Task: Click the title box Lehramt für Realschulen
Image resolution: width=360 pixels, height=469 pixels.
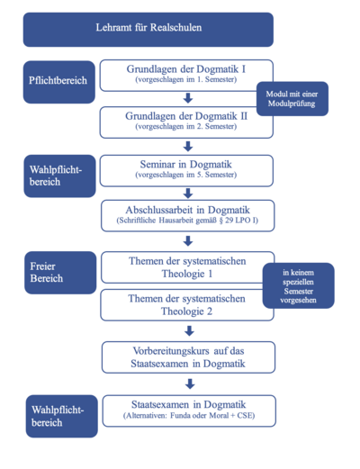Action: [x=148, y=30]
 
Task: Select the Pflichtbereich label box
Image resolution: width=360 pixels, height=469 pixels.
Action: [x=59, y=82]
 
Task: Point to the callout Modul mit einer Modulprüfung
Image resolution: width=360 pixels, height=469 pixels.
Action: [x=292, y=99]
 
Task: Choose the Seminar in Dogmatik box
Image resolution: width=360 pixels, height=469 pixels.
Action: [x=186, y=171]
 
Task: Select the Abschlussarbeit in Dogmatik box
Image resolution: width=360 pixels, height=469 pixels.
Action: [x=188, y=216]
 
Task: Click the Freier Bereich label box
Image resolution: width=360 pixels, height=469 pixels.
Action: [x=60, y=273]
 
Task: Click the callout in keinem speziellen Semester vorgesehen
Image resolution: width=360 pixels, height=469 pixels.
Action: [x=299, y=285]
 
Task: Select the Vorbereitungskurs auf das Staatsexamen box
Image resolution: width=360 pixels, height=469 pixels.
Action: [x=188, y=357]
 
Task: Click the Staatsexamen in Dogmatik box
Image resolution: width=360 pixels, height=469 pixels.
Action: [x=189, y=410]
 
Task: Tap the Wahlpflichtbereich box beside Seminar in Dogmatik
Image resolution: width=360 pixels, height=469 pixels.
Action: [x=59, y=176]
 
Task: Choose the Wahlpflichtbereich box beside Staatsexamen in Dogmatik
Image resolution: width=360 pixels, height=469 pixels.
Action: [x=62, y=416]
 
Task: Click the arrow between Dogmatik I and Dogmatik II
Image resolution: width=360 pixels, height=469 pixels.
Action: [x=188, y=98]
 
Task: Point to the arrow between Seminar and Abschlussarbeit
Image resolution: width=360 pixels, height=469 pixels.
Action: [x=188, y=194]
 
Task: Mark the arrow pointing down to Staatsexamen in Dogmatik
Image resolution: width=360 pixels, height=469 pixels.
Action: [x=190, y=383]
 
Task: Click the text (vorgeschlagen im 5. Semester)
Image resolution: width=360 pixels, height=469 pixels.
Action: [x=186, y=175]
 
